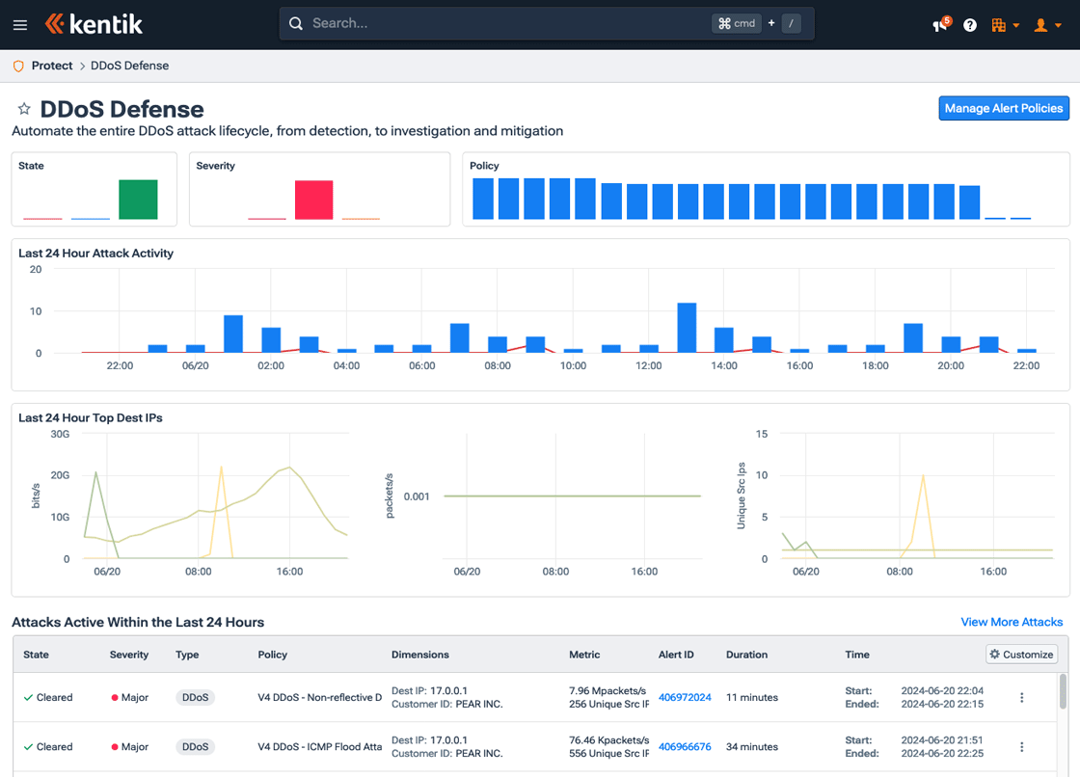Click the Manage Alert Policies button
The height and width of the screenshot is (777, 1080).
tap(1004, 108)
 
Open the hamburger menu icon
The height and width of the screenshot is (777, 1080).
tap(20, 25)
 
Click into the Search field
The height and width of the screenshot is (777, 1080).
tap(501, 23)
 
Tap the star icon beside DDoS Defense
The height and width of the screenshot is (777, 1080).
tap(24, 109)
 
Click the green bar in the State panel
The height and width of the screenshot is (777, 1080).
tap(138, 200)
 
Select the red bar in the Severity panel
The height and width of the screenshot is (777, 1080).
tap(313, 200)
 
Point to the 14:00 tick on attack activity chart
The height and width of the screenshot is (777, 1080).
tap(724, 365)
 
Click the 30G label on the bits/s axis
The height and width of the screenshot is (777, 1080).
tap(60, 434)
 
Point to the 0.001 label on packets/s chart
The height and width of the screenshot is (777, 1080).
tap(417, 496)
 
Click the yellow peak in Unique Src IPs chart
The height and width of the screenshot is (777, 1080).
tap(923, 477)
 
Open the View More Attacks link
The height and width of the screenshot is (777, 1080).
tap(1012, 622)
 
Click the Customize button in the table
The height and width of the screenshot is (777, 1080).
tap(1021, 654)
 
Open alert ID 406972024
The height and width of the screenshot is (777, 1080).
tap(685, 697)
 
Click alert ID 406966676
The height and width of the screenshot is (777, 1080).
tap(685, 746)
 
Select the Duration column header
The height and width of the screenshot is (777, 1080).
tap(746, 655)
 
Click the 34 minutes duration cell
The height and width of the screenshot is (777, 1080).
tap(753, 746)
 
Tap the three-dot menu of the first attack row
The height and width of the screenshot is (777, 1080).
tap(1022, 697)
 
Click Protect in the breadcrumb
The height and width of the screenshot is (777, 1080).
tap(52, 66)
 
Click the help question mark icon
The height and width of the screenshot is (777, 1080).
tap(970, 25)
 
